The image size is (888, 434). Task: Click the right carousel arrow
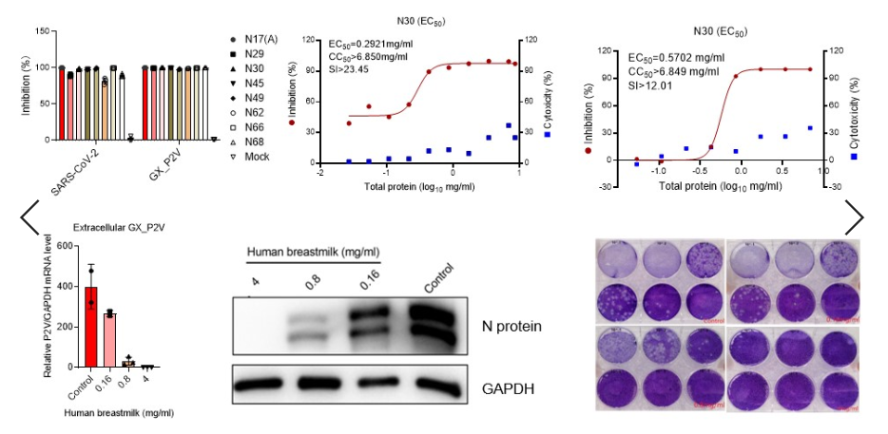pos(854,217)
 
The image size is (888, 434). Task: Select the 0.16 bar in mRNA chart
pos(110,339)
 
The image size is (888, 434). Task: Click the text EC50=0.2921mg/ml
pos(375,44)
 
